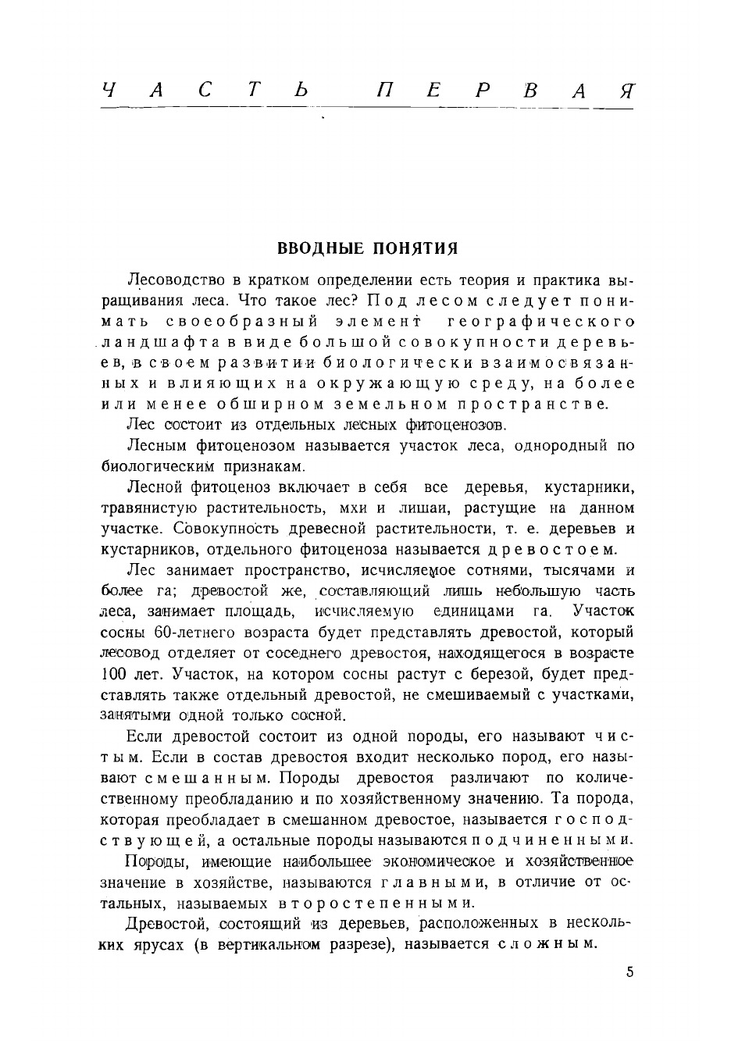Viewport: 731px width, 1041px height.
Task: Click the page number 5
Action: pos(629,973)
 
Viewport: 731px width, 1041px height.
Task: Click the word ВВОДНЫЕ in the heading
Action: pos(321,249)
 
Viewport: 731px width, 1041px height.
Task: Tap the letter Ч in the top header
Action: pos(109,90)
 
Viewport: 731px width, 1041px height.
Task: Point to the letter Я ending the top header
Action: pos(626,90)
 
